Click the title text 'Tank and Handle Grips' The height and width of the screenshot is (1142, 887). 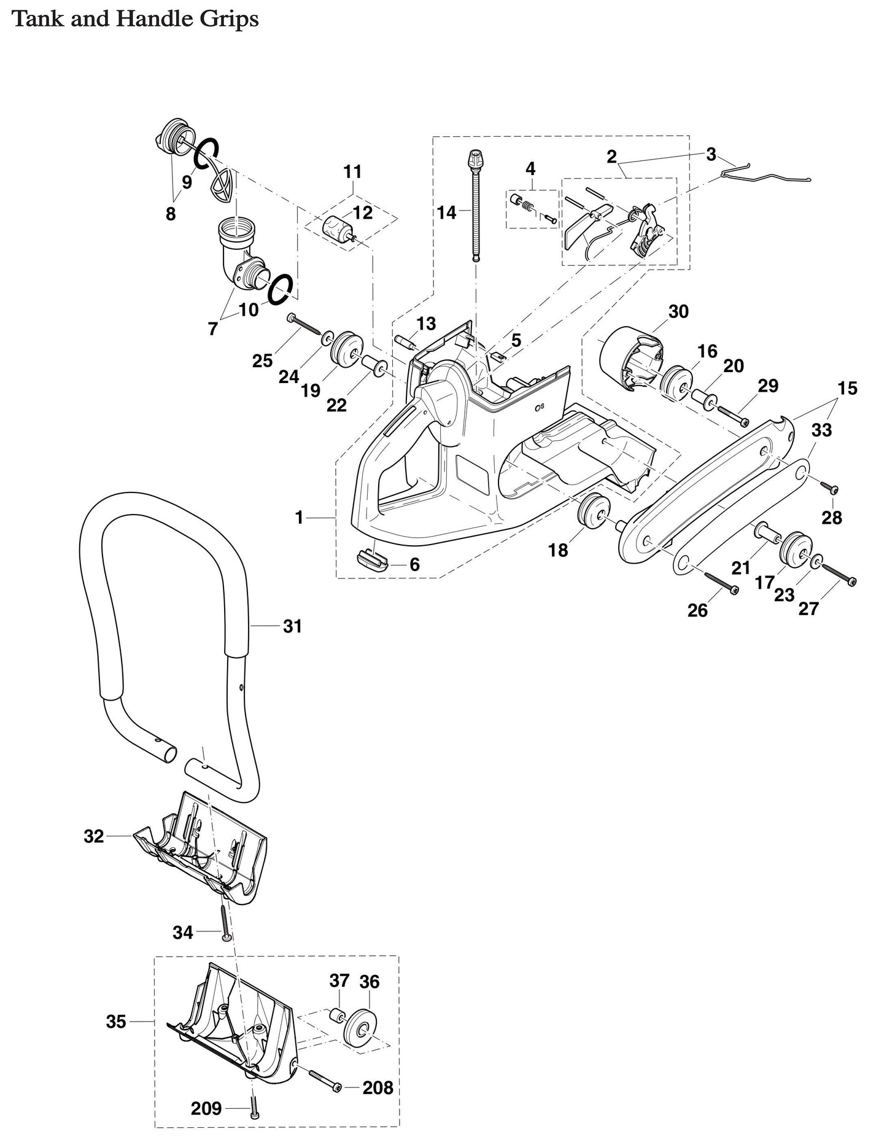click(136, 20)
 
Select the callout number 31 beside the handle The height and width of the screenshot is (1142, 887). click(292, 626)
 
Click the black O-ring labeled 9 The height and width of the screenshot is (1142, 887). click(206, 152)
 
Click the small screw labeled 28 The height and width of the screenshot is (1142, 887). click(831, 488)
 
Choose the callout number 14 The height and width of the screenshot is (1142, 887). click(446, 212)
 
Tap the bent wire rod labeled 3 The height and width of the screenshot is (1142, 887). click(767, 174)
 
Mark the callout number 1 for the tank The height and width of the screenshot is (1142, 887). click(299, 518)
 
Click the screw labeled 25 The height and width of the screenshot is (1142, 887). click(304, 324)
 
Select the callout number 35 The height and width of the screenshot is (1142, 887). click(116, 1022)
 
